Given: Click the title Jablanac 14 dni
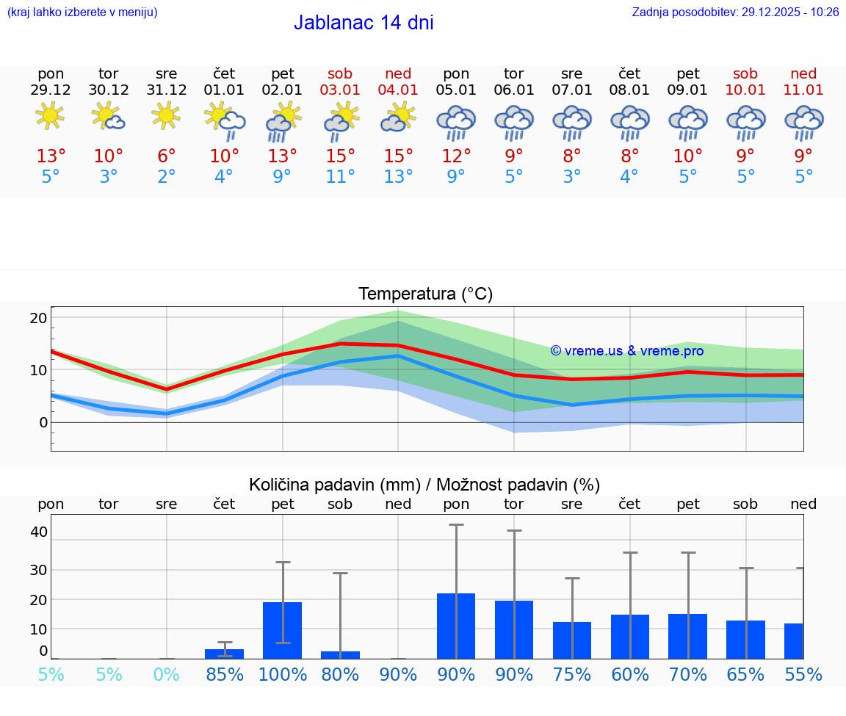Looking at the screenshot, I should click(x=364, y=23).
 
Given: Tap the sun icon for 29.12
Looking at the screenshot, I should click(x=50, y=115).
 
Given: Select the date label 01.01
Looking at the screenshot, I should click(x=224, y=90).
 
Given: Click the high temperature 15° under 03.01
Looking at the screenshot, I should click(x=340, y=156).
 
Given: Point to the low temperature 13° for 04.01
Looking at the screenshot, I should click(x=398, y=177).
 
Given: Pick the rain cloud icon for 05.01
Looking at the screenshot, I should click(x=456, y=122).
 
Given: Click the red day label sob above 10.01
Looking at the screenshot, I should click(x=745, y=73).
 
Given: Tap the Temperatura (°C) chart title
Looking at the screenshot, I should click(x=425, y=294).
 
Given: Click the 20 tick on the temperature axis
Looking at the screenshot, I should click(x=38, y=318).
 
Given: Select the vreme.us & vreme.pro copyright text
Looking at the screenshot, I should click(x=627, y=351).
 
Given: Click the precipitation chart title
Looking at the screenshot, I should click(x=424, y=485).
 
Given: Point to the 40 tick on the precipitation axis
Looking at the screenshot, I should click(x=39, y=532).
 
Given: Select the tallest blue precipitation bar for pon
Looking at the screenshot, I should click(x=456, y=626).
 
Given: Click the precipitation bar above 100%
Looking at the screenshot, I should click(x=283, y=630).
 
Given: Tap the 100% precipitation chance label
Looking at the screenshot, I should click(x=283, y=674).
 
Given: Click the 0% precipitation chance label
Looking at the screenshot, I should click(x=167, y=674).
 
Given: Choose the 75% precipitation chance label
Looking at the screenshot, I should click(x=572, y=674).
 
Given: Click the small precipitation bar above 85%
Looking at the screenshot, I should click(x=224, y=654).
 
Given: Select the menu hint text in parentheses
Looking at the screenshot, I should click(x=82, y=12).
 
